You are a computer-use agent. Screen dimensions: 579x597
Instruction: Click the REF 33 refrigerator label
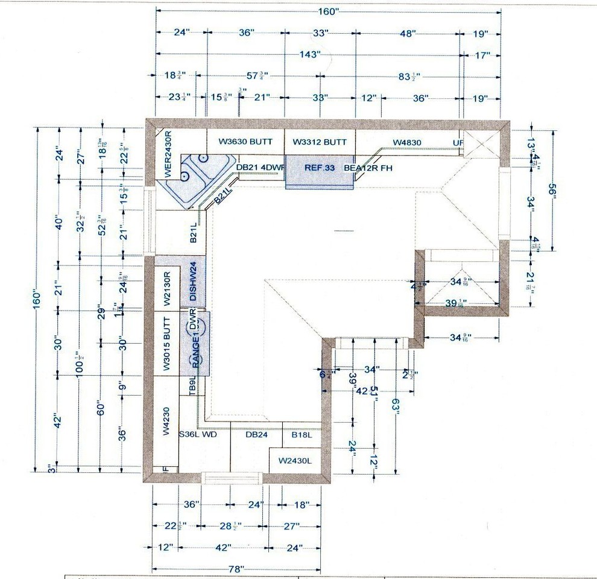pyautogui.click(x=319, y=168)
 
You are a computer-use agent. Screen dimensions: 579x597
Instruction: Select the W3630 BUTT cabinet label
pyautogui.click(x=245, y=142)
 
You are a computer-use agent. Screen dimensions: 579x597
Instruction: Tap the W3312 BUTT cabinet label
pyautogui.click(x=320, y=142)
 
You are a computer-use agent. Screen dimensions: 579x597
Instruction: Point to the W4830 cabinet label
pyautogui.click(x=407, y=143)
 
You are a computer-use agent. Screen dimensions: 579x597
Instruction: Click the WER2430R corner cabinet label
pyautogui.click(x=168, y=154)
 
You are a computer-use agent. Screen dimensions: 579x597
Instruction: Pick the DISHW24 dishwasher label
pyautogui.click(x=194, y=282)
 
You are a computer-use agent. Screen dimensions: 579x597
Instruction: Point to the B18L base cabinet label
pyautogui.click(x=301, y=434)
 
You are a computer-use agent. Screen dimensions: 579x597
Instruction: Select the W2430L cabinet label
pyautogui.click(x=295, y=461)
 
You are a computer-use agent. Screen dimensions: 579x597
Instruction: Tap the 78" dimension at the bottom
pyautogui.click(x=236, y=569)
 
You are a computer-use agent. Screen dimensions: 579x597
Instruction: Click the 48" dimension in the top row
pyautogui.click(x=408, y=34)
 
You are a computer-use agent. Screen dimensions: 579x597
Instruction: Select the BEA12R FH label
pyautogui.click(x=368, y=168)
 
